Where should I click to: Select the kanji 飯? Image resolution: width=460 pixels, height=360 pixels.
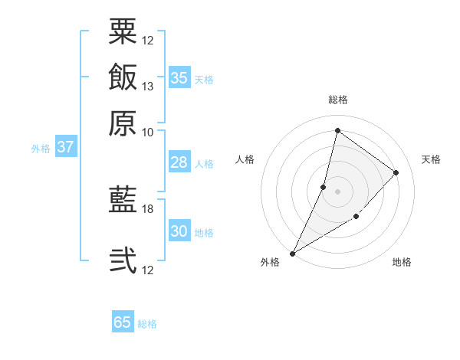click(x=123, y=77)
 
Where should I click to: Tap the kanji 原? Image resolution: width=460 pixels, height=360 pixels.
click(x=123, y=123)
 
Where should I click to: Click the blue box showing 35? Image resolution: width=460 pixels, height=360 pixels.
click(x=179, y=78)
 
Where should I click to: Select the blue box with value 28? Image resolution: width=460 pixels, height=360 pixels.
click(x=179, y=162)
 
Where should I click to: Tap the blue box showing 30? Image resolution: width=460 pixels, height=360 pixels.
click(x=179, y=231)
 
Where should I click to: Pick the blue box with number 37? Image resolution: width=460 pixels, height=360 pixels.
click(x=65, y=148)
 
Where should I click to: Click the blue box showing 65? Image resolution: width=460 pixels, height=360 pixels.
click(x=123, y=322)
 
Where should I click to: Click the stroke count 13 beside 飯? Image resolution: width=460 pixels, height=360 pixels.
click(x=148, y=86)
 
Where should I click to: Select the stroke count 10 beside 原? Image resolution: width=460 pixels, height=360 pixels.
click(x=148, y=132)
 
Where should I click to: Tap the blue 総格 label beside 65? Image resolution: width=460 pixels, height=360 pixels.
click(x=147, y=324)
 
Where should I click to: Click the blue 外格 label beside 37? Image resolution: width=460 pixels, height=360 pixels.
click(x=41, y=149)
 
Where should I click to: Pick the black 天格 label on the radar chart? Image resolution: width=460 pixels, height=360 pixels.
click(x=431, y=159)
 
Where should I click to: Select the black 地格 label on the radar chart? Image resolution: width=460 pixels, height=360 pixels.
click(x=402, y=263)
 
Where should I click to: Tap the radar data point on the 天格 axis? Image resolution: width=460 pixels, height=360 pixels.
click(x=396, y=173)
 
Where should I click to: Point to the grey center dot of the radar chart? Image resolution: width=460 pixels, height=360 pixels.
click(x=337, y=191)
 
